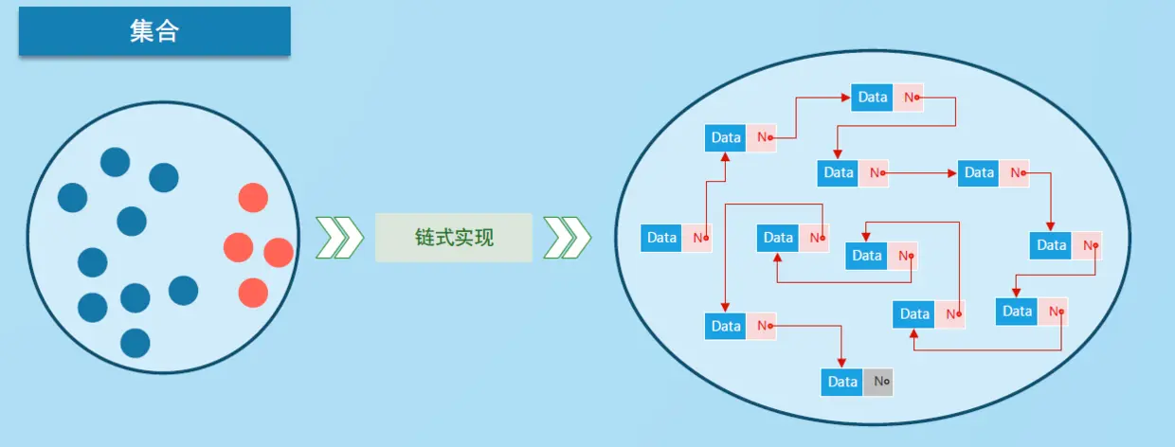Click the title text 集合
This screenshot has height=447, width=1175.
click(154, 31)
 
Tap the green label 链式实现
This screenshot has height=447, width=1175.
click(454, 237)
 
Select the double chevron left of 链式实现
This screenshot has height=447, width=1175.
click(339, 237)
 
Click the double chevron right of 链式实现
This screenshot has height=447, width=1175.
click(568, 237)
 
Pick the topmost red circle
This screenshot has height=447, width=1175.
click(253, 198)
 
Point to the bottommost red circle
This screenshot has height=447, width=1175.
click(253, 293)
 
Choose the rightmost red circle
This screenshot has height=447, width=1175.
click(279, 253)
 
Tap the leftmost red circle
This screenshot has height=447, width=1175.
click(238, 247)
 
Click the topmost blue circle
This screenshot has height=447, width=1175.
click(116, 163)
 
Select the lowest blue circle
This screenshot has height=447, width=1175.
click(136, 343)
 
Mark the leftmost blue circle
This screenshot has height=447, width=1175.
click(72, 198)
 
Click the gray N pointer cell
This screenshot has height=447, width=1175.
click(878, 382)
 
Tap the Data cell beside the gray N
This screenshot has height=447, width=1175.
click(842, 382)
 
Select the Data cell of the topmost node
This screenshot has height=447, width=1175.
click(872, 97)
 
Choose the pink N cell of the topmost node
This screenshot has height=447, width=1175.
click(908, 97)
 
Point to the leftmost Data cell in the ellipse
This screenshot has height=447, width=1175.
click(661, 238)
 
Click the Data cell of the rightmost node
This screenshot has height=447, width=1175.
click(1051, 245)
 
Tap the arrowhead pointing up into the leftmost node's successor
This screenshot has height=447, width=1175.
click(726, 156)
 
